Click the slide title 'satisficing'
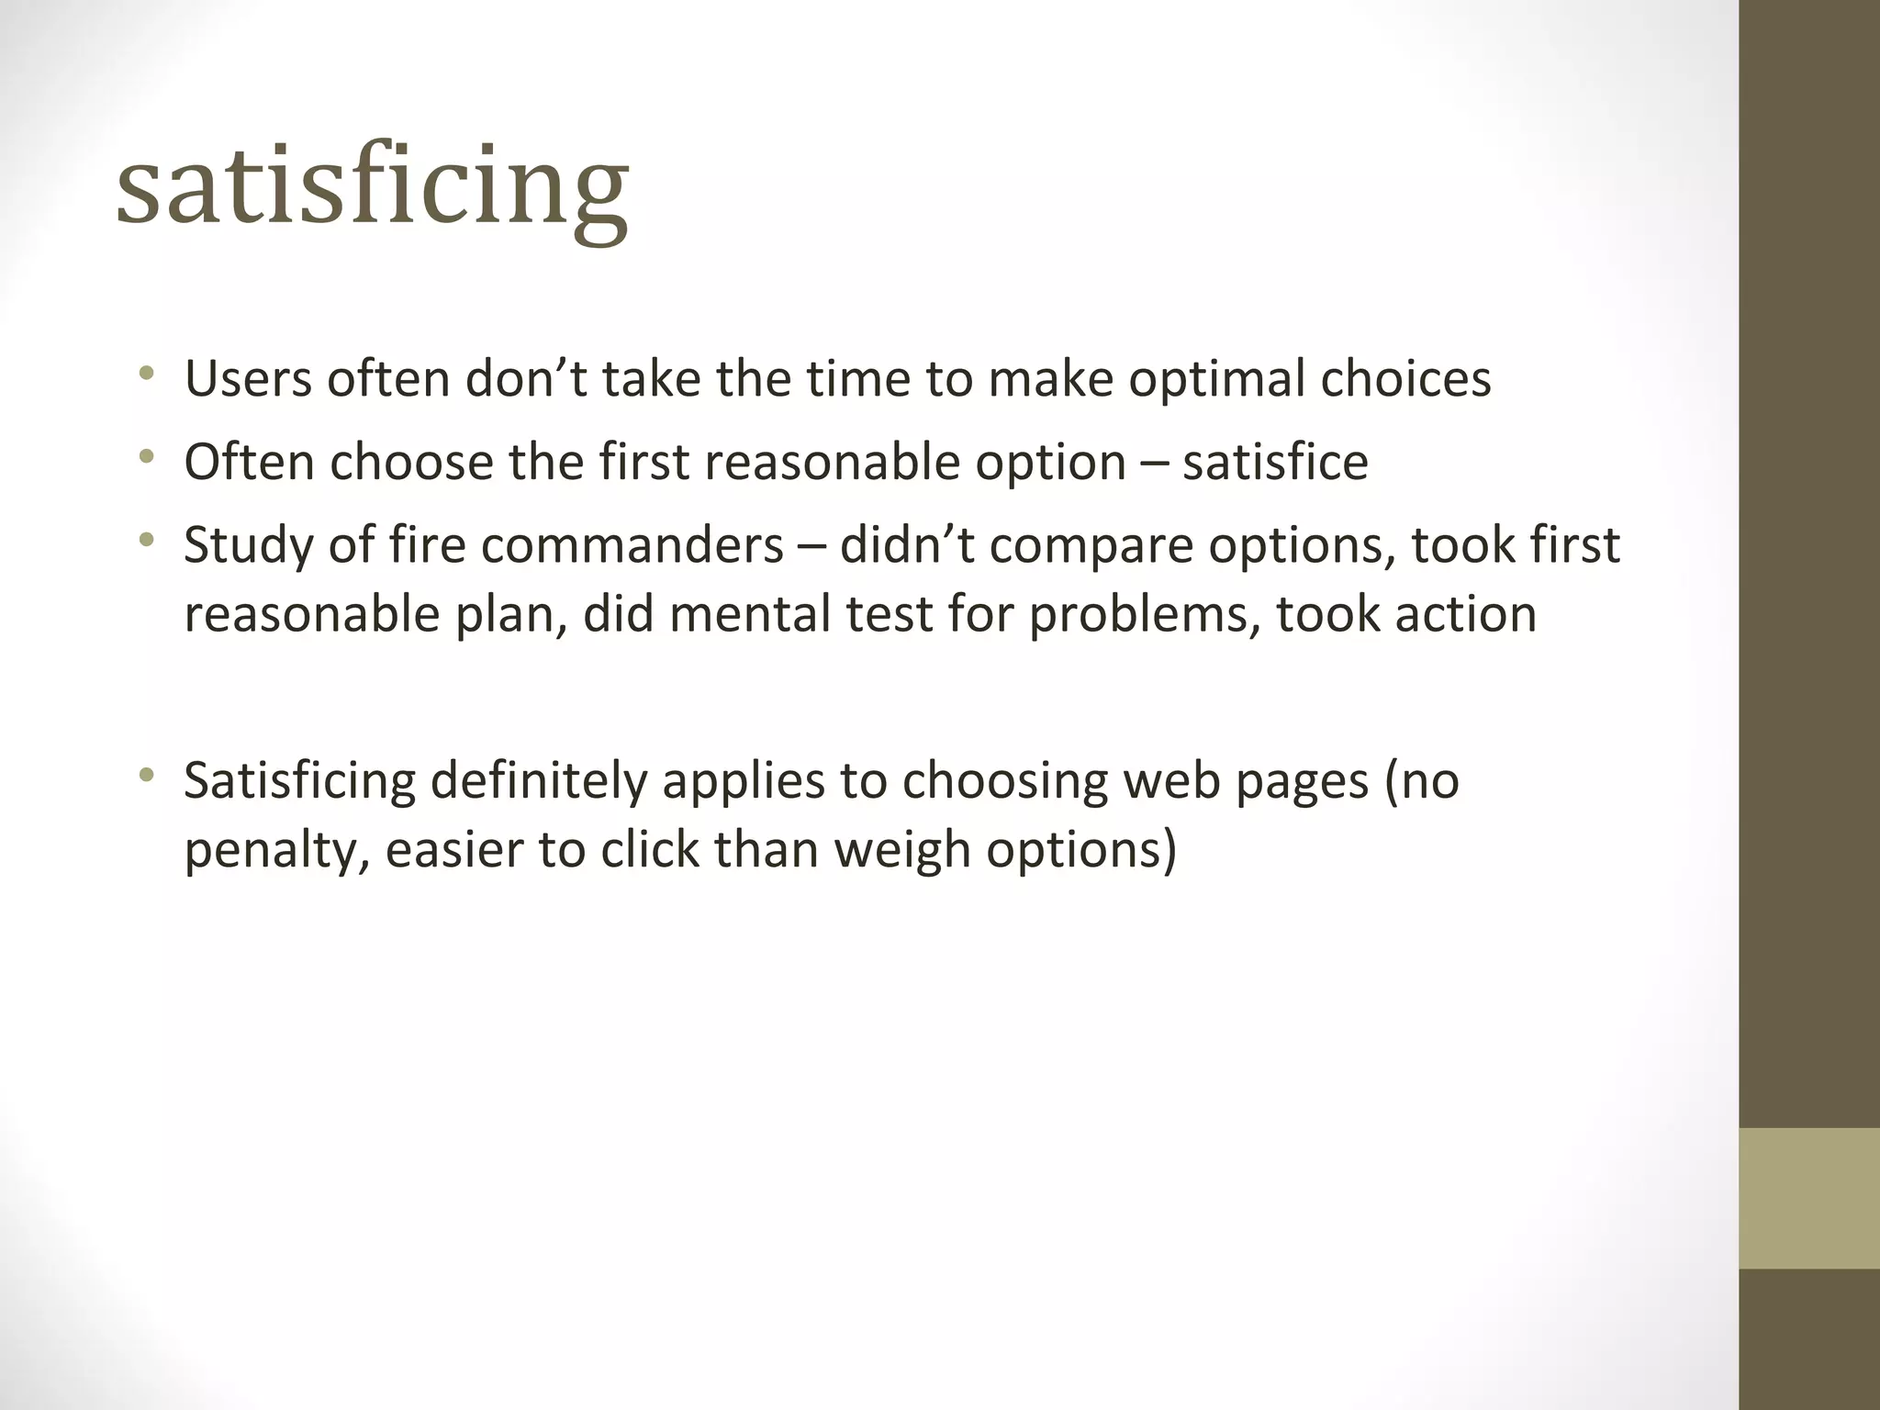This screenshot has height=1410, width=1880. (372, 188)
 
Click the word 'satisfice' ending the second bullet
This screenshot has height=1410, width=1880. (1275, 462)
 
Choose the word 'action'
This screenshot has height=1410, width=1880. (1465, 614)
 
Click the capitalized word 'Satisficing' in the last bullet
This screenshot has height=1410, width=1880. (300, 781)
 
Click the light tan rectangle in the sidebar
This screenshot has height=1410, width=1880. (1808, 1198)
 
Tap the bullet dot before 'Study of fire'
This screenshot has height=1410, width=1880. (145, 540)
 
